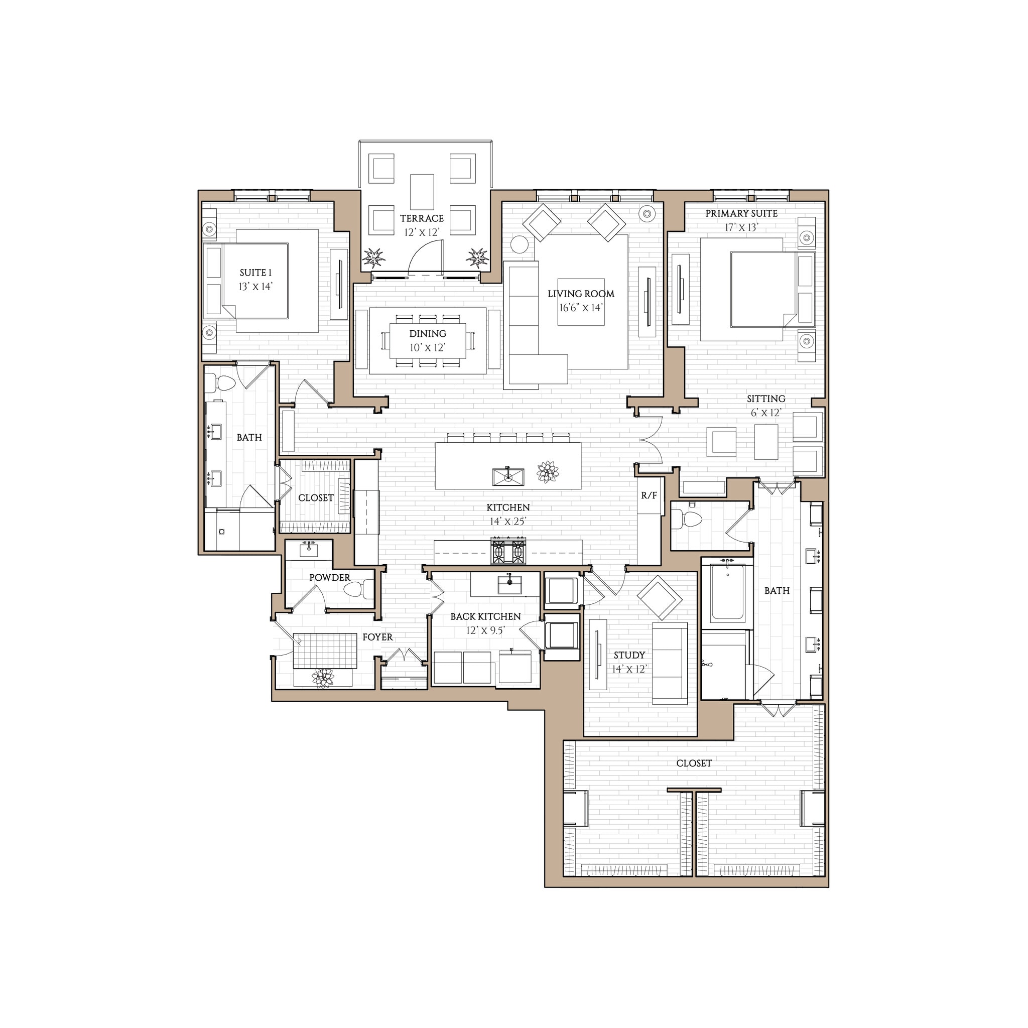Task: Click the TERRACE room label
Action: click(x=422, y=218)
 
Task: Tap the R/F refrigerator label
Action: click(x=649, y=495)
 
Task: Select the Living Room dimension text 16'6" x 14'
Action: click(x=581, y=308)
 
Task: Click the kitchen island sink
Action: click(x=507, y=476)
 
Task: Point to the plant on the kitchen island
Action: click(x=548, y=472)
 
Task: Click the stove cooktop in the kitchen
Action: click(x=508, y=551)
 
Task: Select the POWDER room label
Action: click(x=329, y=577)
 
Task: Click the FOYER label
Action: click(x=377, y=637)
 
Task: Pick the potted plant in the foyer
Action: click(x=323, y=679)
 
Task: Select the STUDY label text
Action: click(x=629, y=655)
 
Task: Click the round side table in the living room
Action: click(x=520, y=245)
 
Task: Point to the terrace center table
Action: click(x=422, y=192)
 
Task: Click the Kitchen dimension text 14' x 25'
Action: click(x=507, y=522)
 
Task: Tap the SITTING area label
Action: click(x=765, y=399)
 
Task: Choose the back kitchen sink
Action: click(x=509, y=584)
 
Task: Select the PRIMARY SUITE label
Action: click(x=741, y=213)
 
